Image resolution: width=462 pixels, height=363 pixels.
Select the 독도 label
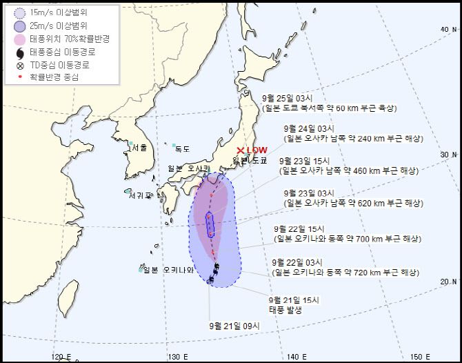point(182,148)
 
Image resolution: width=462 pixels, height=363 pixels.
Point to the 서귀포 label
point(139,195)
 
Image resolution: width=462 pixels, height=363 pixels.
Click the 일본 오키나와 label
point(168,270)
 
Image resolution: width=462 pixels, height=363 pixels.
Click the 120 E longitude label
point(63,356)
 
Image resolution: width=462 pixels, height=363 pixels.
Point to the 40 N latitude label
point(448,29)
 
